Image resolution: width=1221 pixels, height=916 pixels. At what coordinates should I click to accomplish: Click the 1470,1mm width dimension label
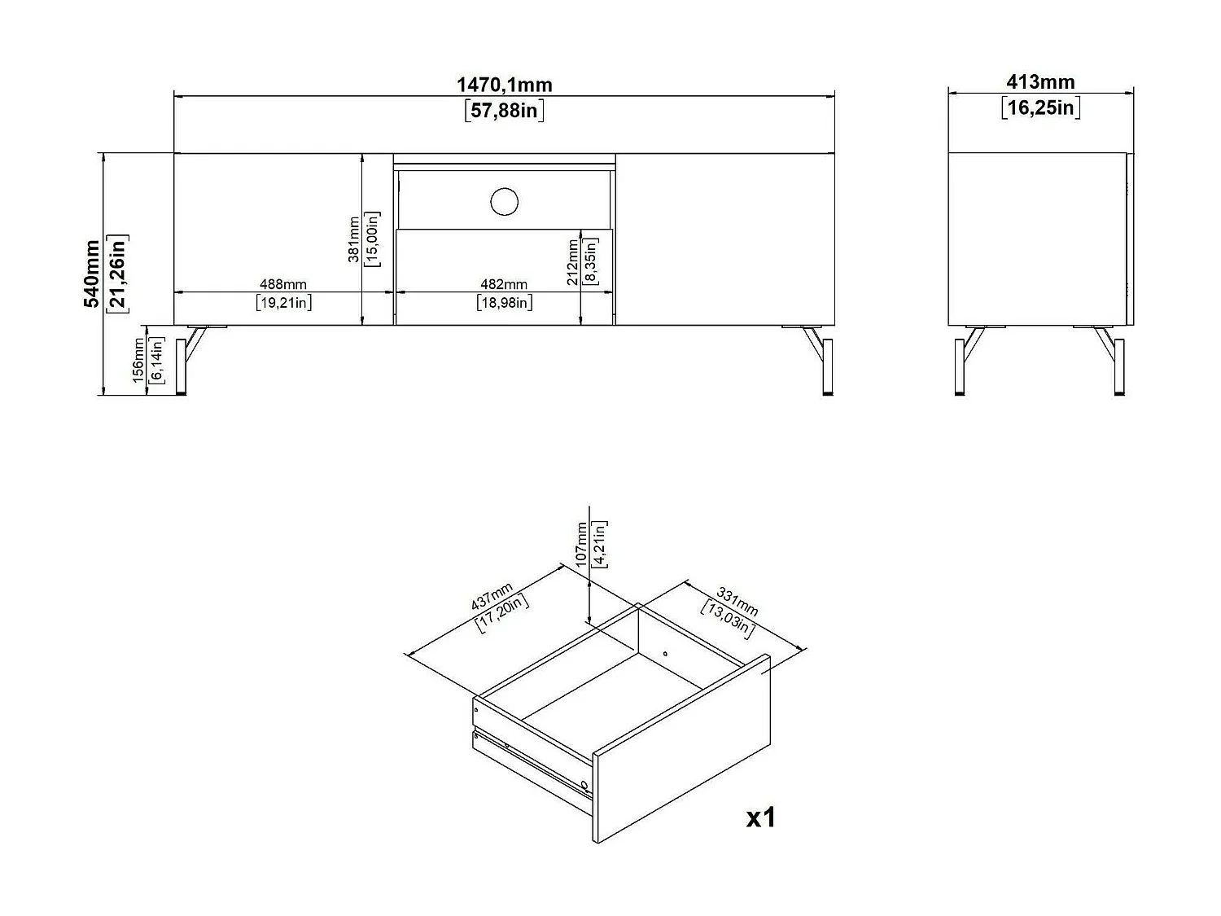coord(504,85)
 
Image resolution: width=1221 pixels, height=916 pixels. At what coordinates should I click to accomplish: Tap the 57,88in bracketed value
coord(504,110)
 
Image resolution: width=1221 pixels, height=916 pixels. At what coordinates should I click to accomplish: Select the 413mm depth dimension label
coord(1040,82)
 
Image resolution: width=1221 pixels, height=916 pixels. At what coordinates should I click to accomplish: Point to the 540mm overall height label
coord(92,274)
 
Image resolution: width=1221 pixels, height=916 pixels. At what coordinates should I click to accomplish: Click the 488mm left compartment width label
coord(283,284)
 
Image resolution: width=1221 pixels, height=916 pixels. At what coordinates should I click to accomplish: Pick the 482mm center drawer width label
coord(504,284)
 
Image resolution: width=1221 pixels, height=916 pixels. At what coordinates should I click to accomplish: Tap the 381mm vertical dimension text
coord(354,239)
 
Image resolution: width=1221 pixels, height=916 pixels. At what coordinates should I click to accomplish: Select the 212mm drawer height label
coord(573,261)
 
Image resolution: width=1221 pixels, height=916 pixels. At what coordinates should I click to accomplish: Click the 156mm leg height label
coord(138,362)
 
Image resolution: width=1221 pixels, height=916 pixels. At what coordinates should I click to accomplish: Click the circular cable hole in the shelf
coord(505,201)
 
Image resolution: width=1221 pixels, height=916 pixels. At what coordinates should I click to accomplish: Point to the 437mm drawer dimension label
coord(492,597)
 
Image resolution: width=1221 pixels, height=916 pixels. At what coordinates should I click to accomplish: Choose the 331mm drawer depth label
coord(737,601)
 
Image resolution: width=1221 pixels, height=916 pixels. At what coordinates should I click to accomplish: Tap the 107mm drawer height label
coord(581,544)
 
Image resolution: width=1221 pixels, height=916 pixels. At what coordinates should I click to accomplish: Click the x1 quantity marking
coord(761,817)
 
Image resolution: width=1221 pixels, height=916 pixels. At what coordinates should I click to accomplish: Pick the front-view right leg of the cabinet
coord(823,362)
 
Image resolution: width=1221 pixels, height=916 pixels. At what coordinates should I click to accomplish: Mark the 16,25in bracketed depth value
coord(1040,107)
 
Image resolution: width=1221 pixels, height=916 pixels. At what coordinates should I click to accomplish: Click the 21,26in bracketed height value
coord(118,274)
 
